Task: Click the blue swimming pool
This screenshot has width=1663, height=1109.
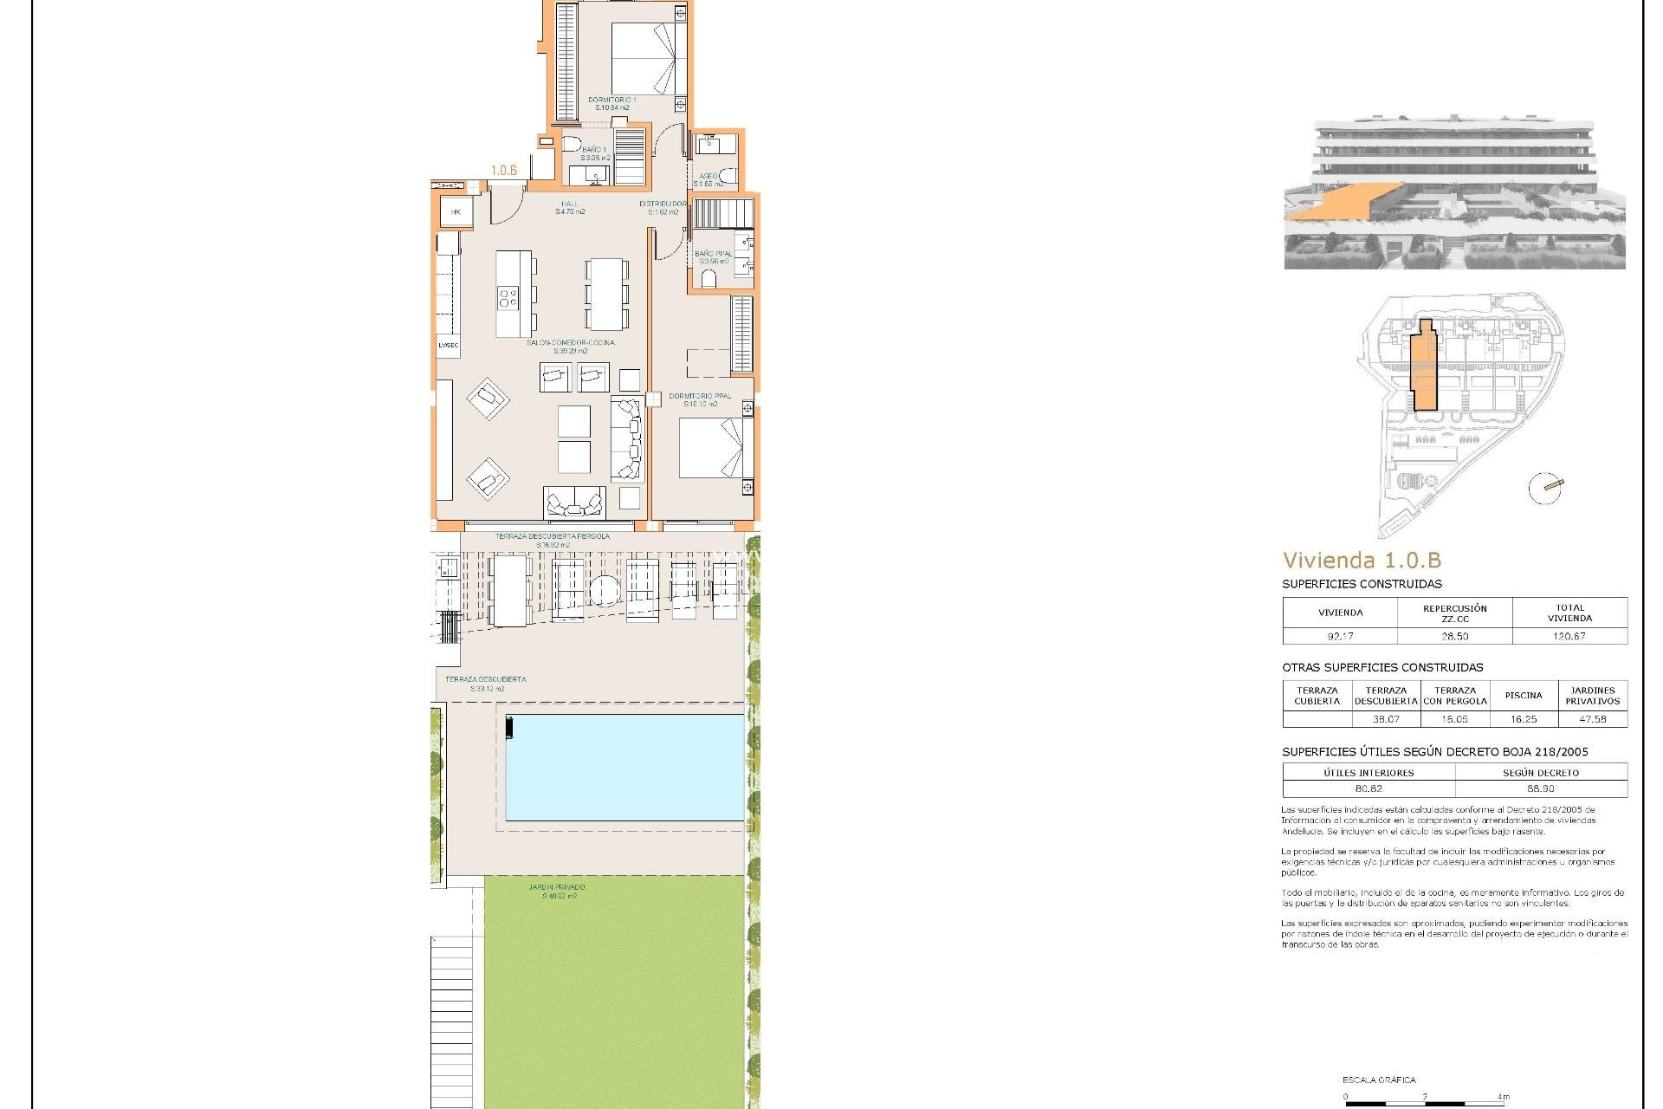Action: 624,767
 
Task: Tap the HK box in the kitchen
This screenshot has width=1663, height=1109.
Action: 456,212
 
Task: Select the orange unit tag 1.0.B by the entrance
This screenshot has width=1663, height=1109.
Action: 504,171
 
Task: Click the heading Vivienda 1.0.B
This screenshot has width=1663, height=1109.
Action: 1362,561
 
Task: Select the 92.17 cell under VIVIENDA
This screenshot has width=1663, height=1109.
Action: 1340,636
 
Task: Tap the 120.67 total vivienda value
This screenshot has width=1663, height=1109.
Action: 1569,636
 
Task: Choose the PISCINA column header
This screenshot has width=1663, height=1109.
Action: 1524,695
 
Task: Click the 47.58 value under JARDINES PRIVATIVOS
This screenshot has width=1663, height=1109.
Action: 1592,719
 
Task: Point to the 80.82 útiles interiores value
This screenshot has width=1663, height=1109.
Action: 1369,788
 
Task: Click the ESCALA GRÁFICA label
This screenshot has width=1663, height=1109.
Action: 1379,1080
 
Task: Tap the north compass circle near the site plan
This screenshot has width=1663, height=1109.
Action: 1544,489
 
